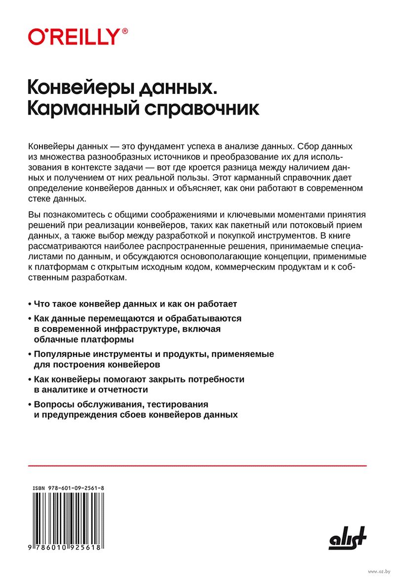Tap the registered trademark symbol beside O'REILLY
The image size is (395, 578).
[x=124, y=31]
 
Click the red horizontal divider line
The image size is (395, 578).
[x=197, y=465]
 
